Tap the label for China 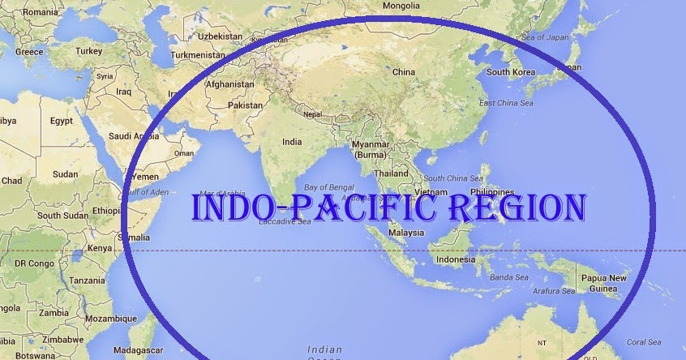pos(403,72)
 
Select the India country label pos(291,141)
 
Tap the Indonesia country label pos(455,260)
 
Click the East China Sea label pos(506,103)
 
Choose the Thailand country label pos(392,174)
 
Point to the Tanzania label pos(87,280)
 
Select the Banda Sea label pos(511,277)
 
